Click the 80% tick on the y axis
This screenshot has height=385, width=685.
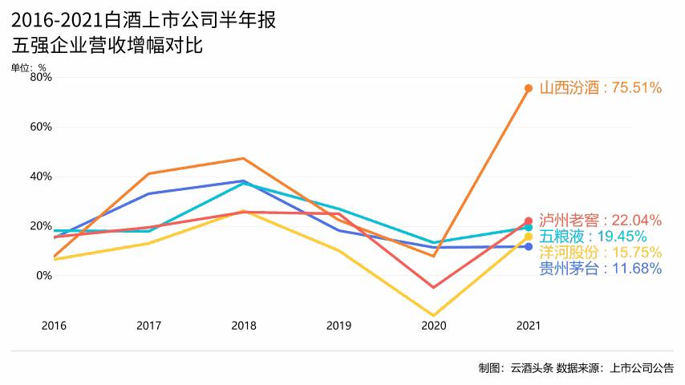tap(41, 77)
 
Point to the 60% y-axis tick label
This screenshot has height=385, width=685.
tap(41, 127)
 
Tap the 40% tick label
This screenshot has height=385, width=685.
tap(41, 176)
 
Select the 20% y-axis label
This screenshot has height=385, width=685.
tap(41, 226)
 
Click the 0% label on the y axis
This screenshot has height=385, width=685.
tap(43, 275)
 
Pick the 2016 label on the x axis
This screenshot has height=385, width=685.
tap(54, 326)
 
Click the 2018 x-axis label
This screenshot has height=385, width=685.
tap(244, 326)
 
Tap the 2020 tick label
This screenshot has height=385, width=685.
tap(433, 326)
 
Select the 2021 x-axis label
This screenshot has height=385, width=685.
tap(529, 326)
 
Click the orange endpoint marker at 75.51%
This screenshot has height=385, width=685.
tap(529, 88)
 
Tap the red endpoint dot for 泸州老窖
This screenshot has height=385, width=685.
tap(529, 221)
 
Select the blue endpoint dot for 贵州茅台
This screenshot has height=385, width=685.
tap(529, 246)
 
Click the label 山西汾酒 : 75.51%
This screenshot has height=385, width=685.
tap(600, 88)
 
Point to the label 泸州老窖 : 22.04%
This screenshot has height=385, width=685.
tap(600, 220)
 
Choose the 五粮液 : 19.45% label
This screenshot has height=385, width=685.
tap(593, 237)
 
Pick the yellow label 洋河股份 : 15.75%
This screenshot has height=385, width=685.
tap(600, 253)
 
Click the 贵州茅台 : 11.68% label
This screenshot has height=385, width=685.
tap(600, 269)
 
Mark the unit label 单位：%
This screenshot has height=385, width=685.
tap(29, 67)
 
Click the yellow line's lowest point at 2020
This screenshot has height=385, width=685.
tap(433, 315)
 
